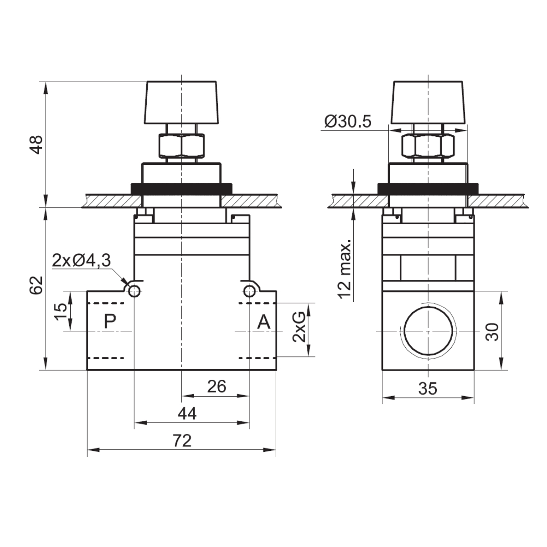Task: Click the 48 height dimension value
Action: pyautogui.click(x=36, y=145)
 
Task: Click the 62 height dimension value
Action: pyautogui.click(x=36, y=285)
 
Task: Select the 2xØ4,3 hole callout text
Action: pyautogui.click(x=81, y=260)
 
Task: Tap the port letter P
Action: pyautogui.click(x=110, y=321)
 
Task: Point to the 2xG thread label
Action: pyautogui.click(x=299, y=327)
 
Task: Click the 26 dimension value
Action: pyautogui.click(x=217, y=387)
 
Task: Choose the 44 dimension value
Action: pyautogui.click(x=187, y=413)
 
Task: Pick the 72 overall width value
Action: pyautogui.click(x=182, y=441)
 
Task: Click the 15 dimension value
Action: pyautogui.click(x=61, y=311)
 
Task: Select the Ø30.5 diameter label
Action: pyautogui.click(x=348, y=122)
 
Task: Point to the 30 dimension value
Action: pyautogui.click(x=492, y=331)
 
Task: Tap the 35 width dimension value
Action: pyautogui.click(x=428, y=389)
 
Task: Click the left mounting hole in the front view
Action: pyautogui.click(x=134, y=291)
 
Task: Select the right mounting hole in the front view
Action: pyautogui.click(x=249, y=291)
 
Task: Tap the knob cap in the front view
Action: pyautogui.click(x=182, y=103)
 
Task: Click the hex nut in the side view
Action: pyautogui.click(x=428, y=145)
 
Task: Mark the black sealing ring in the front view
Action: pyautogui.click(x=181, y=189)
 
